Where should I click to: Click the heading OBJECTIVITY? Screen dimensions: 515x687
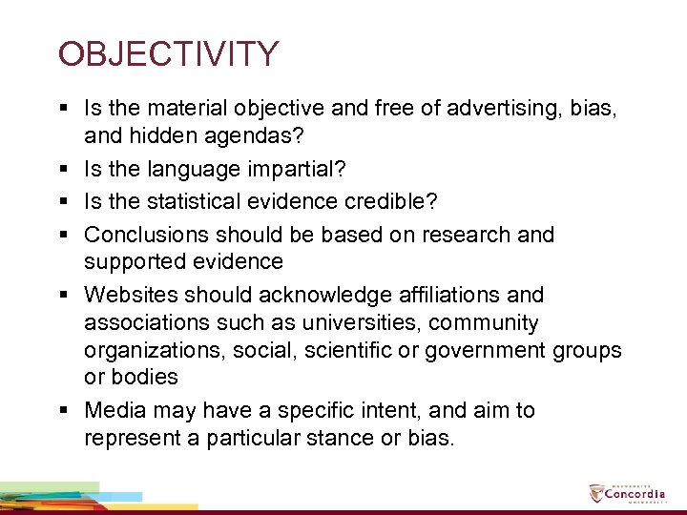click(168, 53)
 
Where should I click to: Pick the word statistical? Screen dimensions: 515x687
click(200, 202)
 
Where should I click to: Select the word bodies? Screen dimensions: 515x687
click(131, 377)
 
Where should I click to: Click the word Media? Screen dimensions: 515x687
click(113, 410)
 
